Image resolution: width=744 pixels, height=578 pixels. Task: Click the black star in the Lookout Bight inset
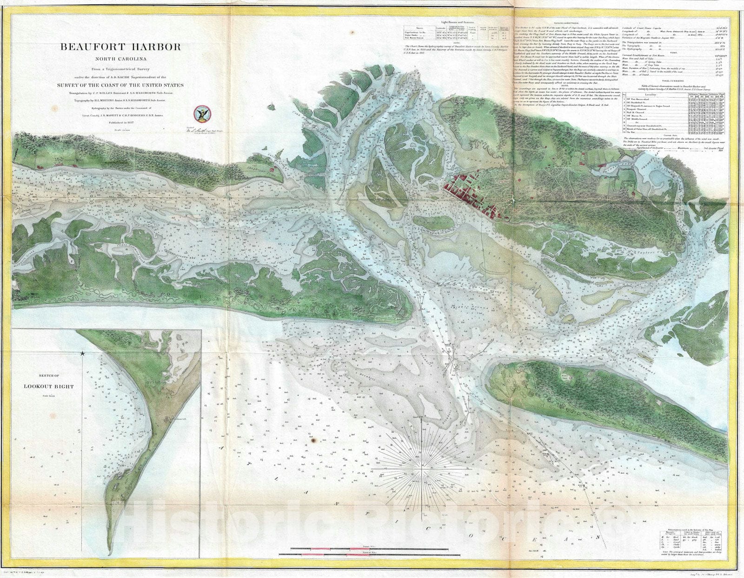pyautogui.click(x=83, y=354)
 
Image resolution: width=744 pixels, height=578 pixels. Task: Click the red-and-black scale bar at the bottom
pyautogui.click(x=370, y=552)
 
